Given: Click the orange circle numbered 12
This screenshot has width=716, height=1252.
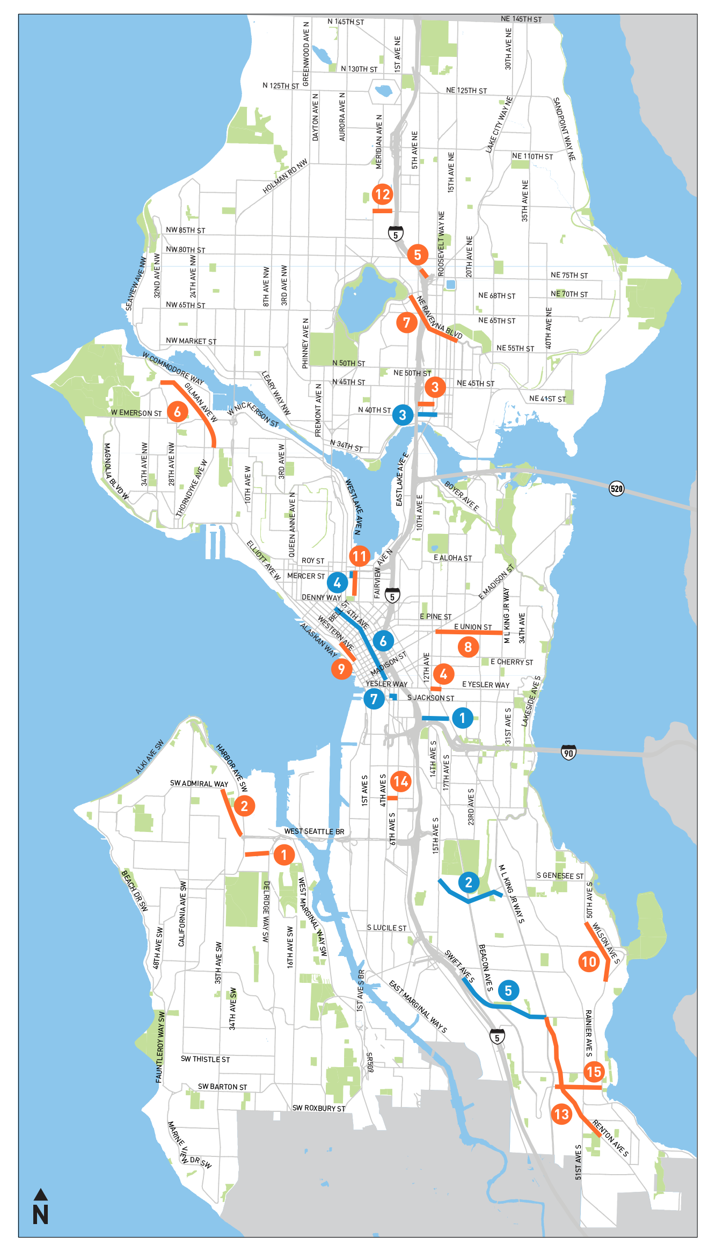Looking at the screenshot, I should [x=382, y=194].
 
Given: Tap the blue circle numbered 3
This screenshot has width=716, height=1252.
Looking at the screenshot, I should [x=403, y=415].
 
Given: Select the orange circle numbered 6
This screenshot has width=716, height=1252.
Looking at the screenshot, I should [x=177, y=412].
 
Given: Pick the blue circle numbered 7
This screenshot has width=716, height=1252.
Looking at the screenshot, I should [x=374, y=699].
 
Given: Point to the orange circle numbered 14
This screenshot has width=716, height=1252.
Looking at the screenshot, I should [x=401, y=781].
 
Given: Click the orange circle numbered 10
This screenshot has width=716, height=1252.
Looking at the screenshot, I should [x=589, y=961].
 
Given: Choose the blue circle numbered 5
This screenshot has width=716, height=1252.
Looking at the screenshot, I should [x=508, y=990].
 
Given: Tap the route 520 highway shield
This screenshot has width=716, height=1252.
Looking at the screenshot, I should [x=617, y=488].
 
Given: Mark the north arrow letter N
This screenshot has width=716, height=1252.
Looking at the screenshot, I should [x=41, y=1214].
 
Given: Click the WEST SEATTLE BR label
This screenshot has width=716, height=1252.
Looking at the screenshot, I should [x=314, y=831].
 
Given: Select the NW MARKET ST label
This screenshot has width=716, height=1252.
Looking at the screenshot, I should [x=191, y=341].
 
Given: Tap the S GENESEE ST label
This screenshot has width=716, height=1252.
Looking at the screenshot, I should [x=560, y=875].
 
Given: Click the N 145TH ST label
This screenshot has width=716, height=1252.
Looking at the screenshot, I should [x=346, y=22].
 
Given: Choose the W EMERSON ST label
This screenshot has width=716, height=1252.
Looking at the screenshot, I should [x=136, y=413].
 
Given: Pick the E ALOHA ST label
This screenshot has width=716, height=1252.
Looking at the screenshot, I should [x=452, y=558].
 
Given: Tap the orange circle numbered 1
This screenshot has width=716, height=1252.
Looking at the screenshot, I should [x=284, y=854].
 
